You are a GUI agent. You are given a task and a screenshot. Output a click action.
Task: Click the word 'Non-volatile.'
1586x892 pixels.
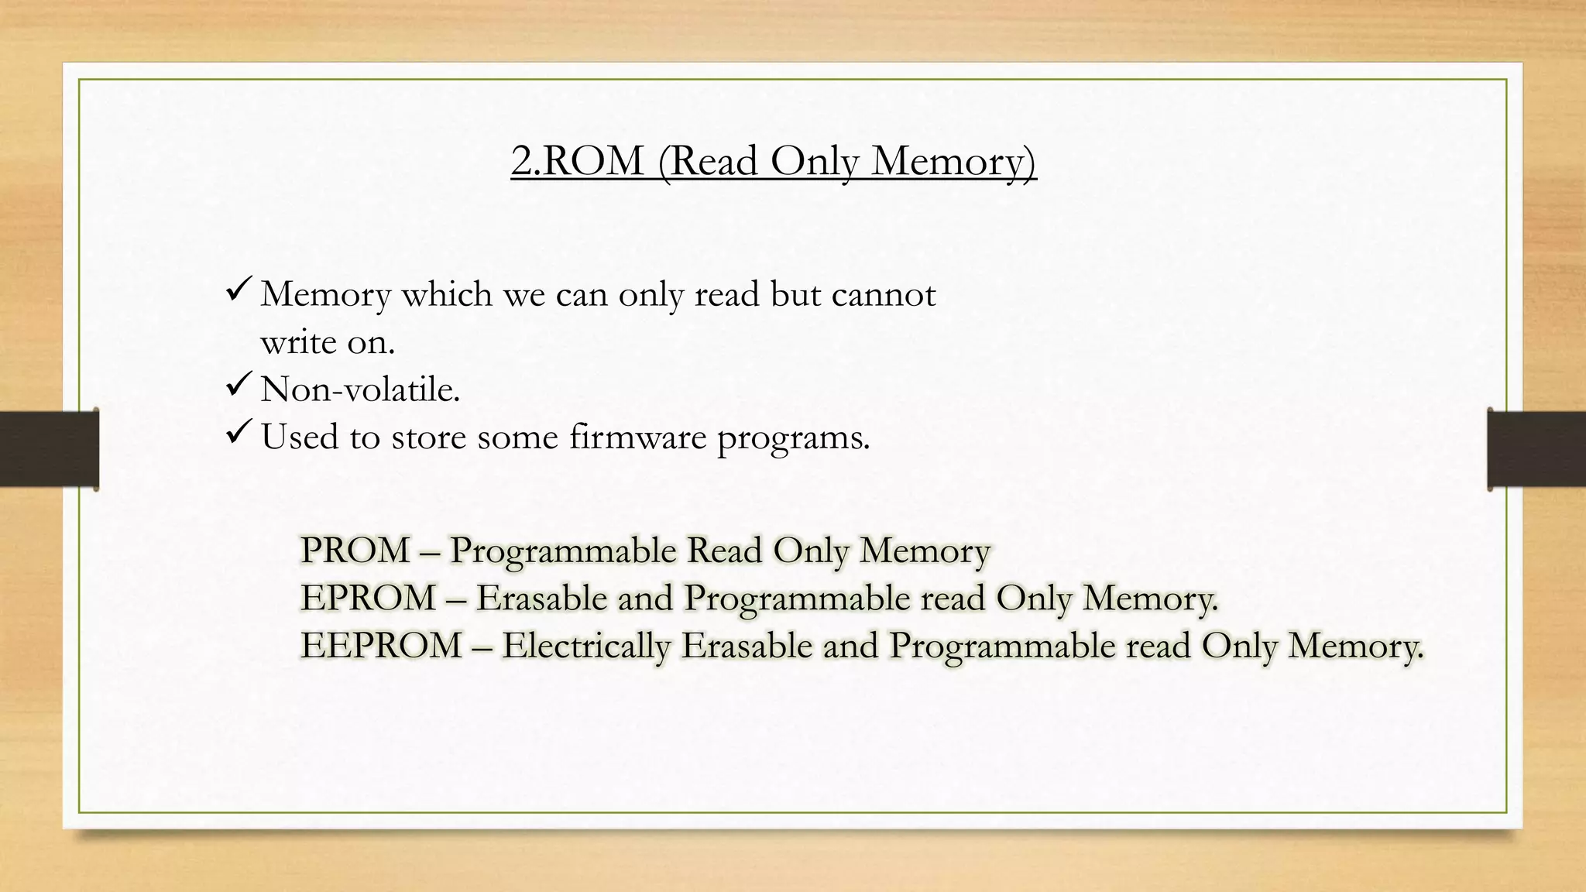pos(360,389)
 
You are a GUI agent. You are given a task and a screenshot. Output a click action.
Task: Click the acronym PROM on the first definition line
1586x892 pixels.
pos(355,551)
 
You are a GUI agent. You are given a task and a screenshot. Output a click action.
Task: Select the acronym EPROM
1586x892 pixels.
pos(368,598)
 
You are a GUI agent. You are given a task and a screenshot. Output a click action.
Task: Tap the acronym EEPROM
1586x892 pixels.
pos(381,646)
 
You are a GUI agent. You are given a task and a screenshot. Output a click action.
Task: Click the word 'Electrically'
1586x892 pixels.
pos(585,646)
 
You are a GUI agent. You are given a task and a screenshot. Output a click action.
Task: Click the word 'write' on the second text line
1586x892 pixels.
pos(297,342)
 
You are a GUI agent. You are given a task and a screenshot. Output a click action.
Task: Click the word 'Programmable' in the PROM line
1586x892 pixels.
pos(563,551)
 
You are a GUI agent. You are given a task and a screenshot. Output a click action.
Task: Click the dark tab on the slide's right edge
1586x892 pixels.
pos(1536,449)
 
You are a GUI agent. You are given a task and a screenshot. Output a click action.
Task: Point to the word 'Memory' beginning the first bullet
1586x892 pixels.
pos(325,294)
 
